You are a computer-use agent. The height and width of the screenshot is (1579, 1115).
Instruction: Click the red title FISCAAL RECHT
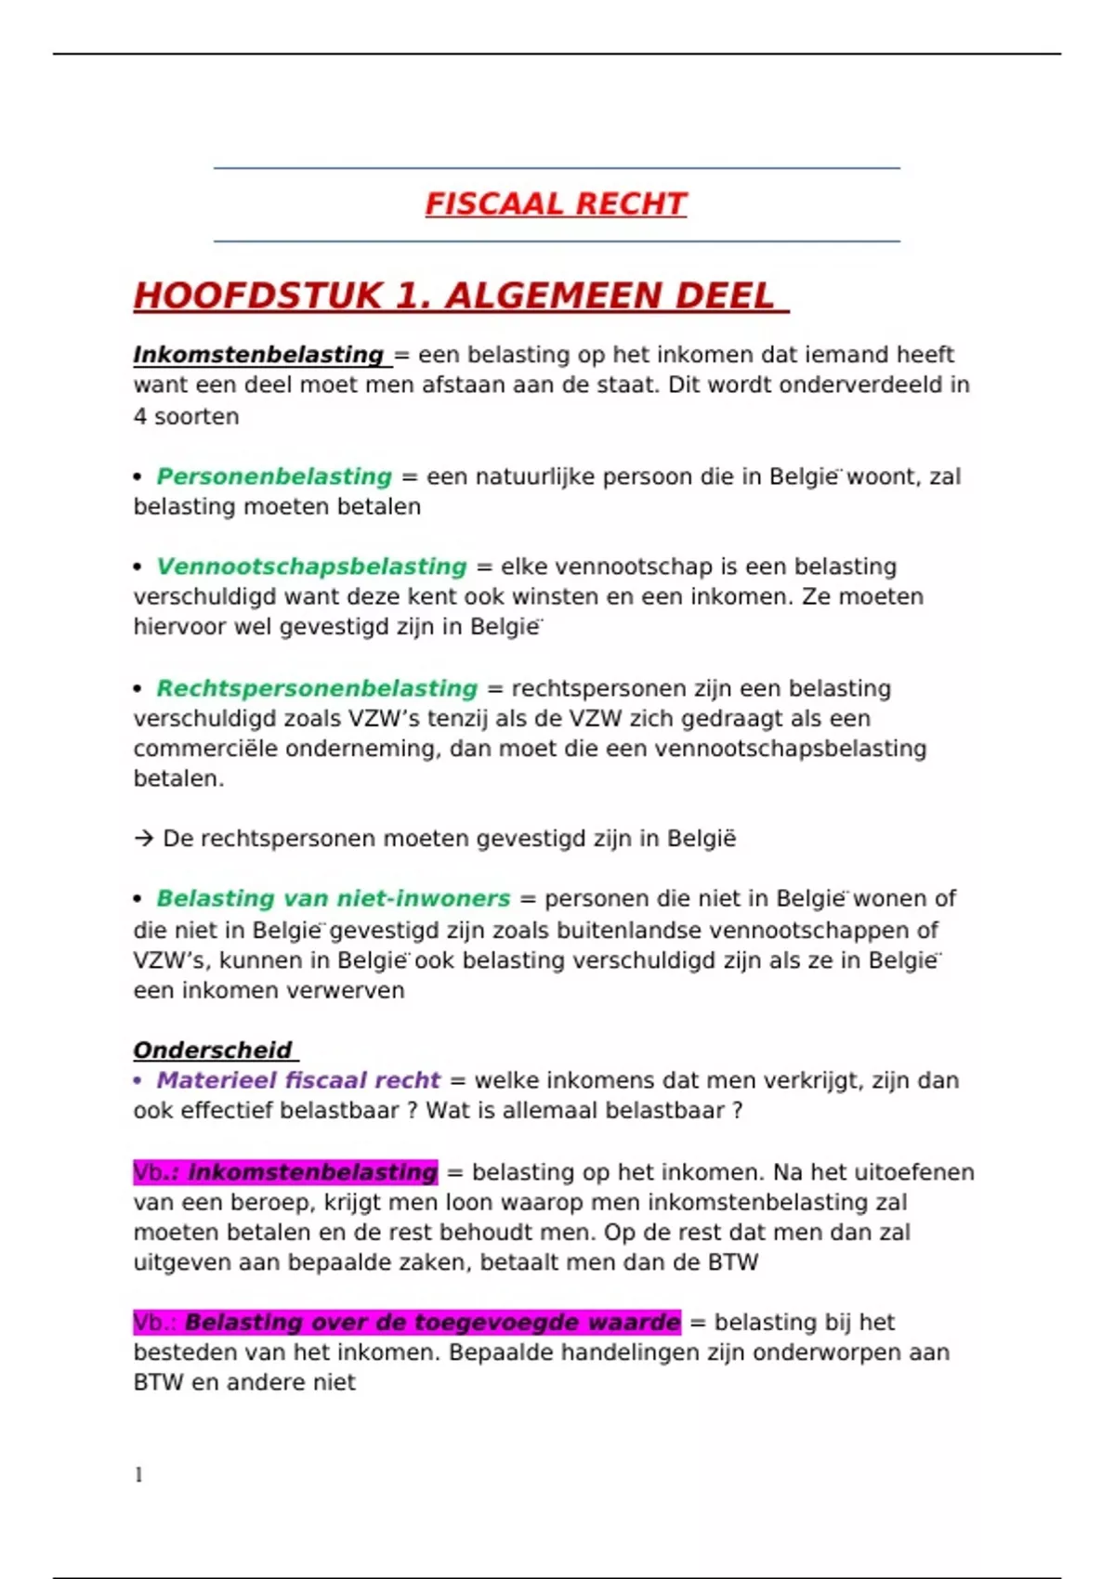[x=556, y=203]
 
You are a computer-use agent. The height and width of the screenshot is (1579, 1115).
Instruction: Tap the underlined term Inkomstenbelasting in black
[x=258, y=355]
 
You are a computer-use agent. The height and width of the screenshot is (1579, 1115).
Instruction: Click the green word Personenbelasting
[x=274, y=476]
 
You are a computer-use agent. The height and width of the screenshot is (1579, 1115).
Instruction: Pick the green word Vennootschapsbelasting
[x=311, y=567]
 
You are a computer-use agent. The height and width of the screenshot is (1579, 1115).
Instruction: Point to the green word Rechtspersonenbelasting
[x=317, y=688]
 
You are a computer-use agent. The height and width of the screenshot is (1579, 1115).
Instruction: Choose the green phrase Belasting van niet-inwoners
[x=334, y=898]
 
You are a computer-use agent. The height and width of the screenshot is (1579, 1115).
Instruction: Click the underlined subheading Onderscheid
[x=213, y=1050]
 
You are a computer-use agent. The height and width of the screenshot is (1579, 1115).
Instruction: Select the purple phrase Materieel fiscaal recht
[x=298, y=1080]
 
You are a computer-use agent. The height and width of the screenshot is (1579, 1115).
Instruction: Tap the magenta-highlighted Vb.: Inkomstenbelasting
[x=285, y=1172]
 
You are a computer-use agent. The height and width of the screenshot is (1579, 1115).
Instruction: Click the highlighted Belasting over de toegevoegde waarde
[x=432, y=1322]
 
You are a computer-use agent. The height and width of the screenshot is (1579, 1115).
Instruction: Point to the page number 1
[x=138, y=1475]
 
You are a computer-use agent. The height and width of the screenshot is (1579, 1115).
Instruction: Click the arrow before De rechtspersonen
[x=143, y=839]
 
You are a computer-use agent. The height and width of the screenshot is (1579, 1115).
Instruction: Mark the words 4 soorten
[x=186, y=416]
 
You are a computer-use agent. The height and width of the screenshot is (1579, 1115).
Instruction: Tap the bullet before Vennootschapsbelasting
[x=138, y=567]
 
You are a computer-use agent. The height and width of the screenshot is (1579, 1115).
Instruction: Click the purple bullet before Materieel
[x=138, y=1080]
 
